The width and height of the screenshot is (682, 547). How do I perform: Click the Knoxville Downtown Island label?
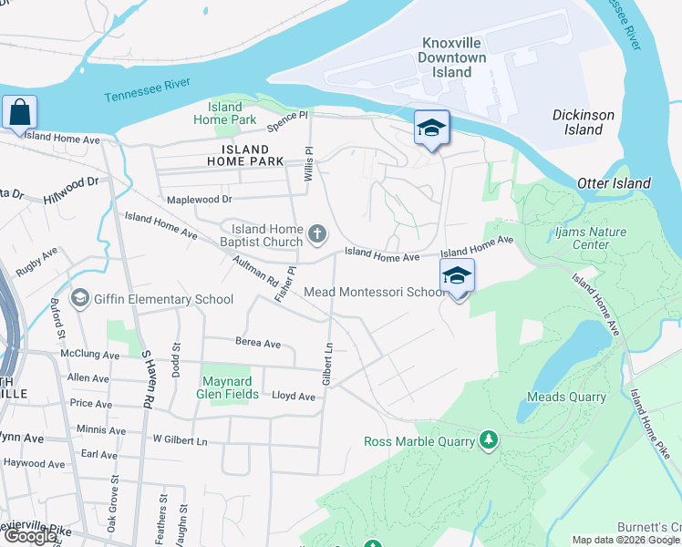(x=452, y=57)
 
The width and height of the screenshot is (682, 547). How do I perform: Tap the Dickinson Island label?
(x=584, y=122)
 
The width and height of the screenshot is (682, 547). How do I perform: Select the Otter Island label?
(x=614, y=183)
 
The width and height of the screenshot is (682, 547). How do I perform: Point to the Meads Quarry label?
(x=566, y=397)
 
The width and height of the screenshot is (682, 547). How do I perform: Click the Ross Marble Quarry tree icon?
(x=490, y=441)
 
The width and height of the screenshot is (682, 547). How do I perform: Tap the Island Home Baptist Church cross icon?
(x=317, y=236)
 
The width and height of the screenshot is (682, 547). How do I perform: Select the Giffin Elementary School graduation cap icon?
(x=80, y=299)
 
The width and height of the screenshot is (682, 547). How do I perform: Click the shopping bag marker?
(x=19, y=114)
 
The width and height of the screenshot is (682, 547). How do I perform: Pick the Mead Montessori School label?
(x=375, y=293)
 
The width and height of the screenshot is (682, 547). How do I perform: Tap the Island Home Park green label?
(x=224, y=113)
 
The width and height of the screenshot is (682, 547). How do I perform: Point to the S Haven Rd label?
(x=145, y=379)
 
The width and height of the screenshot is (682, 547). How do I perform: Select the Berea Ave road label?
(x=258, y=344)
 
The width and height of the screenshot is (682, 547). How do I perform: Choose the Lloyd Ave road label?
(x=294, y=397)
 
